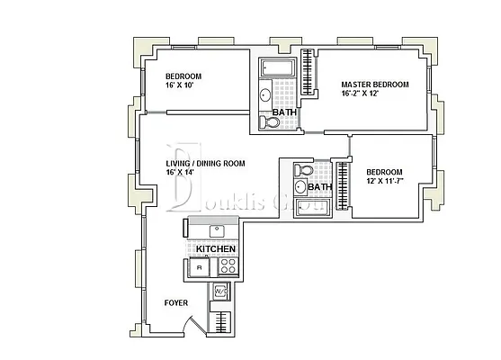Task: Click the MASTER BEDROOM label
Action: coord(374,85)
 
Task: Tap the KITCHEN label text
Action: coord(216,249)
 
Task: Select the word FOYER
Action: coord(176,303)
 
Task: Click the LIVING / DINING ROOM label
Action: coord(205,163)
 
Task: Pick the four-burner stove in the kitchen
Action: coord(227,267)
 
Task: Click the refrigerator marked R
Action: coord(198,267)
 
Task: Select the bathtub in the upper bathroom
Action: coord(280,67)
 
